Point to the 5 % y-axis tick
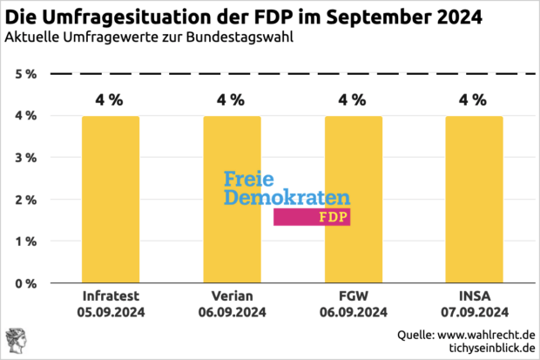pyautogui.click(x=25, y=74)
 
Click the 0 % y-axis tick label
pyautogui.click(x=25, y=283)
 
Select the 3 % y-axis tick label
pyautogui.click(x=25, y=158)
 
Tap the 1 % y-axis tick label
pyautogui.click(x=25, y=241)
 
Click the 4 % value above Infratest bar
pyautogui.click(x=110, y=99)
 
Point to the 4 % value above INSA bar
pyautogui.click(x=474, y=99)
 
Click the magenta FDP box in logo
pyautogui.click(x=312, y=217)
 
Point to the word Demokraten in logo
pyautogui.click(x=287, y=198)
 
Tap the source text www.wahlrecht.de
pyautogui.click(x=486, y=335)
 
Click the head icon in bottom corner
pyautogui.click(x=16, y=342)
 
